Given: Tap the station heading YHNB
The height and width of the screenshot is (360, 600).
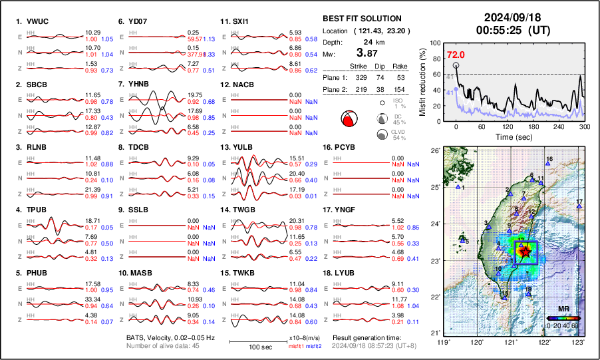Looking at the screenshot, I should click(x=139, y=85).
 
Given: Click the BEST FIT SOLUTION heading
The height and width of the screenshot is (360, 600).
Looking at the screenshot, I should click(x=362, y=19).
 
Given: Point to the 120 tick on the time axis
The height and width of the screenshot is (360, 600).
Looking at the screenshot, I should click(x=508, y=126).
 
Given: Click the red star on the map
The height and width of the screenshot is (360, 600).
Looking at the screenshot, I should click(x=525, y=252).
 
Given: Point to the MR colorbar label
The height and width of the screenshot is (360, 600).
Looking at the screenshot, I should click(x=563, y=309).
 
